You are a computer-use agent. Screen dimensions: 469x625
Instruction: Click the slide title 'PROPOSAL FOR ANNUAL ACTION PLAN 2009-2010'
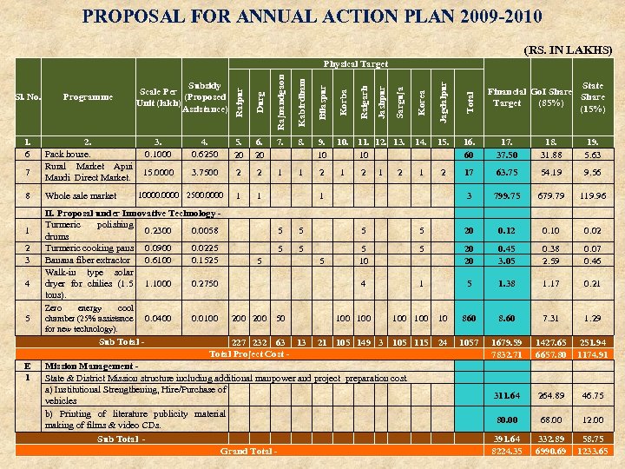[312, 17]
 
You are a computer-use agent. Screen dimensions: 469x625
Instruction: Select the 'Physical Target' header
[356, 63]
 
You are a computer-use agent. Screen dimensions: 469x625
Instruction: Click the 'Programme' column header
[88, 97]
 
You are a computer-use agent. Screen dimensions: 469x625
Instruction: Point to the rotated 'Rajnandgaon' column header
[280, 102]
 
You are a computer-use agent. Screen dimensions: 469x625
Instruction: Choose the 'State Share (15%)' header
[593, 97]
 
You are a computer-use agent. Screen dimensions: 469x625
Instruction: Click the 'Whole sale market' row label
[81, 196]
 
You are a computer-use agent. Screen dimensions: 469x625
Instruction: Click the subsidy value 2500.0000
[205, 196]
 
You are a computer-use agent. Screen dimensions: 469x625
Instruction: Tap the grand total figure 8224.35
[506, 452]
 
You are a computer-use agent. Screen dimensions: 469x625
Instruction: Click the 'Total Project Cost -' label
[248, 353]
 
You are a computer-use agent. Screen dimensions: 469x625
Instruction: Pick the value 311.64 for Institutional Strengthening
[506, 396]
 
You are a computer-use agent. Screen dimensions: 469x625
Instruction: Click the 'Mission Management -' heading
[90, 367]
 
